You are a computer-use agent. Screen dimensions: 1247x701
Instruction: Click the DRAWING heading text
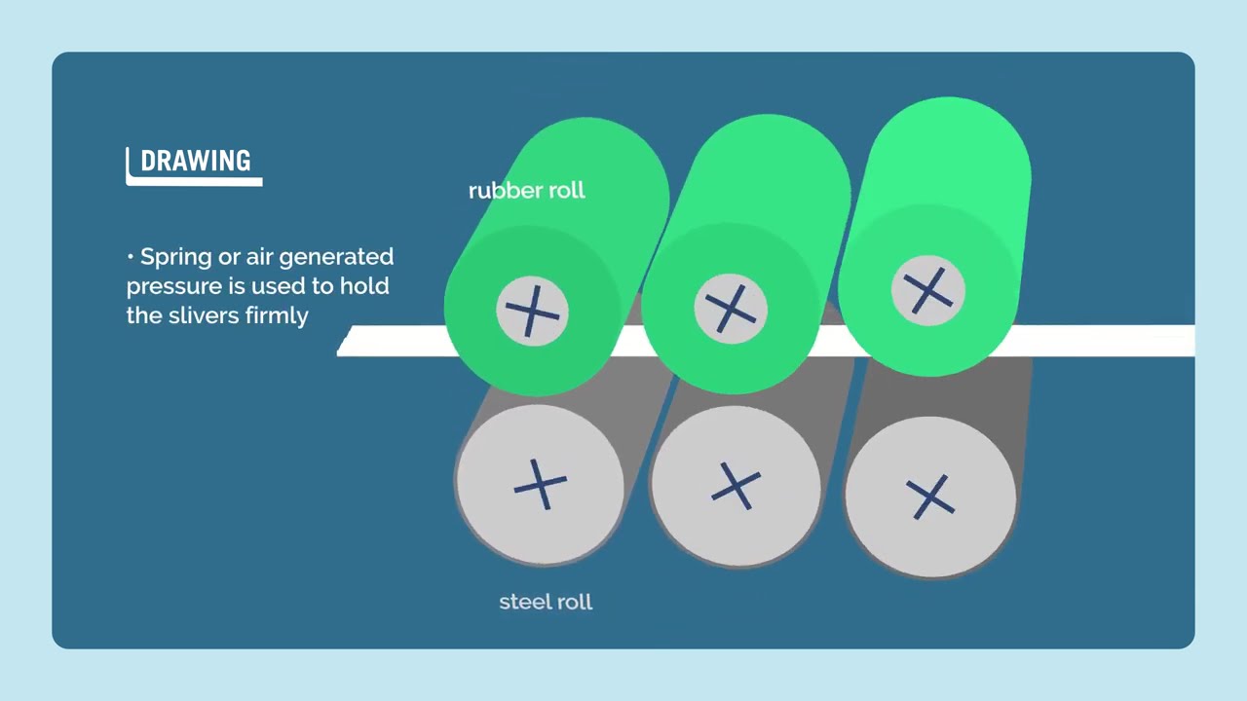tap(196, 161)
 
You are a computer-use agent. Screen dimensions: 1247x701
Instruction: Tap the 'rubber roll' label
tap(527, 191)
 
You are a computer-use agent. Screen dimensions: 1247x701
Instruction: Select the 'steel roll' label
tap(546, 602)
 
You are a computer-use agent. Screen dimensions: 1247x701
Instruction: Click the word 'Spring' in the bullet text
tap(176, 258)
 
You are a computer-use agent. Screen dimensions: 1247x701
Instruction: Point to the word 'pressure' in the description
tap(174, 287)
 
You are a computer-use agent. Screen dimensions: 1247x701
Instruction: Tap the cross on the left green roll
tap(532, 312)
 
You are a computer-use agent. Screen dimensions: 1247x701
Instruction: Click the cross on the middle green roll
tap(731, 309)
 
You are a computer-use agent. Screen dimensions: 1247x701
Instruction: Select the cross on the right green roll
tap(928, 290)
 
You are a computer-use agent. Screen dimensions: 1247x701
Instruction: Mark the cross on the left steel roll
tap(540, 485)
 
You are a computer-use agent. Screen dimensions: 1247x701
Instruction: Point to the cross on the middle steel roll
tap(736, 486)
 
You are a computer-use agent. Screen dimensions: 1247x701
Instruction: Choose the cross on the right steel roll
tap(930, 497)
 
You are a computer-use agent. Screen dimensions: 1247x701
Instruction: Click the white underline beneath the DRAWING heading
tap(194, 181)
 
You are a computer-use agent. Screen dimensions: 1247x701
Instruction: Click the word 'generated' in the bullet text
tap(336, 258)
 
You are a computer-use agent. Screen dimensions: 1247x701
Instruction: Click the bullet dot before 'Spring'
tap(131, 257)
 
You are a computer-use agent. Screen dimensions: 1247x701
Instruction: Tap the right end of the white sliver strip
tap(1193, 341)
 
